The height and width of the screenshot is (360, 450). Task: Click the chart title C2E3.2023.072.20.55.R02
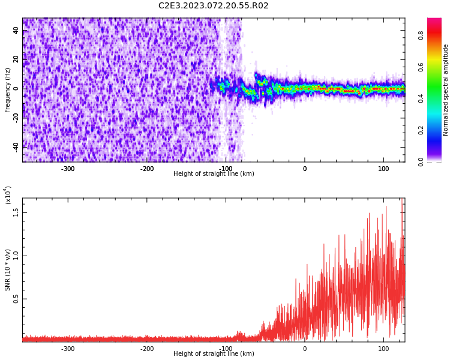click(x=214, y=5)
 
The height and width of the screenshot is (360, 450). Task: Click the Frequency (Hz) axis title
click(x=7, y=90)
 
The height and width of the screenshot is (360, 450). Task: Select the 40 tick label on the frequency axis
click(x=16, y=31)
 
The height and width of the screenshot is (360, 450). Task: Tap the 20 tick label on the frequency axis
click(x=16, y=59)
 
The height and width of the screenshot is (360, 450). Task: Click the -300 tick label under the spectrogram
click(x=68, y=169)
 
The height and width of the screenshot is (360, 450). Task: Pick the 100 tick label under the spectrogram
click(x=384, y=169)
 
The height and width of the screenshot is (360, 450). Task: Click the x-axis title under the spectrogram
click(x=214, y=173)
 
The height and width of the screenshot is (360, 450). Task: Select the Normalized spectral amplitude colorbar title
click(x=445, y=90)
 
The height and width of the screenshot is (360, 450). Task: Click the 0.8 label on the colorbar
click(x=421, y=35)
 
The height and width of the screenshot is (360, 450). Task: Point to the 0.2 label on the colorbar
click(x=421, y=130)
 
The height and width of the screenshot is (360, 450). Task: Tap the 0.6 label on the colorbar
click(x=421, y=67)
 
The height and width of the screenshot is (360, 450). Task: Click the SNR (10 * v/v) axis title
click(x=7, y=270)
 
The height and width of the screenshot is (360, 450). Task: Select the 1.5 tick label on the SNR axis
click(x=16, y=213)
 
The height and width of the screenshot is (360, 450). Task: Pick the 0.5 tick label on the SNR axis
click(x=16, y=299)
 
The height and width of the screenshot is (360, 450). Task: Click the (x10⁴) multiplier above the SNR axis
click(x=8, y=196)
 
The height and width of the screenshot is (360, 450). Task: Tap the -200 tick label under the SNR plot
click(x=146, y=349)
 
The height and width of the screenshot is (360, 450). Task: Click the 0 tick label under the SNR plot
click(x=305, y=349)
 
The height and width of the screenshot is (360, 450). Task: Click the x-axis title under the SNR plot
click(x=214, y=353)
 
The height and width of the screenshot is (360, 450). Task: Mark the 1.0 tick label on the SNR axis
click(x=16, y=256)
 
